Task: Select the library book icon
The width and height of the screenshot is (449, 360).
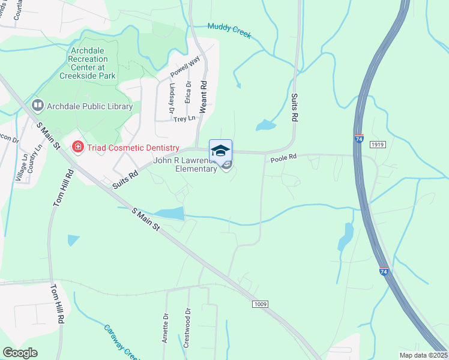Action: tap(38, 106)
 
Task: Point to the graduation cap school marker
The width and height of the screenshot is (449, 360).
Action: tap(220, 150)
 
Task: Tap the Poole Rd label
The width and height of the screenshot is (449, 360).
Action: tap(284, 158)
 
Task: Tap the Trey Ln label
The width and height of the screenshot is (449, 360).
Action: tap(184, 119)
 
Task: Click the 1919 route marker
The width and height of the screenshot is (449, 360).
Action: tap(377, 145)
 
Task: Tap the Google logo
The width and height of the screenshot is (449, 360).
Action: tap(20, 353)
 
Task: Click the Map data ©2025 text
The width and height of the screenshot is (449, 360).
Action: tap(423, 355)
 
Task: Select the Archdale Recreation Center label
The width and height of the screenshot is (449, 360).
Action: tap(88, 64)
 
